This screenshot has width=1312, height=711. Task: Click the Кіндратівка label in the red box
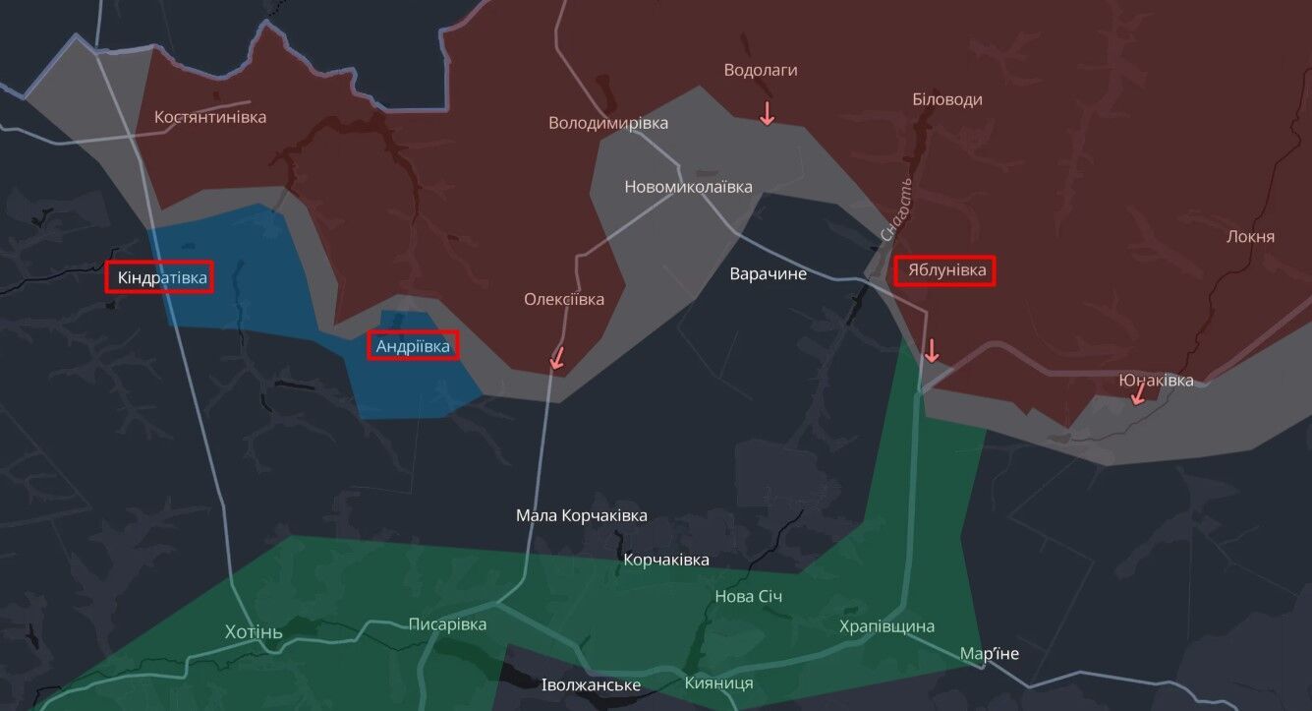pos(162,278)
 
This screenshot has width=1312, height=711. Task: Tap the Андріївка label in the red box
pos(413,346)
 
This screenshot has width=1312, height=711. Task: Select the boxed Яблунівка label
pos(945,271)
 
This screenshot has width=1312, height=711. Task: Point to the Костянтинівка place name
pos(210,117)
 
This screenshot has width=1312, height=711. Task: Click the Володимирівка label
pos(608,123)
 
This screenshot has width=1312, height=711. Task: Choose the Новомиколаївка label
pos(689,187)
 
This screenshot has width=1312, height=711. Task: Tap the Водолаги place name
pos(761,70)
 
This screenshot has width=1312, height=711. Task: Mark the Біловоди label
pos(947,99)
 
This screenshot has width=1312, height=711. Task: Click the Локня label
pos(1251,236)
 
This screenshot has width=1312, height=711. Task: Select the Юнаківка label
pos(1157,380)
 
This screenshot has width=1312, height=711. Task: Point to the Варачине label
pos(769,273)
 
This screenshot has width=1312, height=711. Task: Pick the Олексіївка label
pos(564,299)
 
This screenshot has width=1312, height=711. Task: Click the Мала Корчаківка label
pos(582,515)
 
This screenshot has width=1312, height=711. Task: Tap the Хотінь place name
pos(254,630)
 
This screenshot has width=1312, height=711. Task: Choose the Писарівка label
pos(448,623)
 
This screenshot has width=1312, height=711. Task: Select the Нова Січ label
pos(749,597)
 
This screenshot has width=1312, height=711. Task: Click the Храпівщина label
pos(887,626)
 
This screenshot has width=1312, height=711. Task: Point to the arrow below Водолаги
pos(767,112)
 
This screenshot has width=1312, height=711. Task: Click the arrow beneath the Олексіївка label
pos(557,357)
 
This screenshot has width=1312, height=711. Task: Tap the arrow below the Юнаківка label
pos(1138,394)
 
